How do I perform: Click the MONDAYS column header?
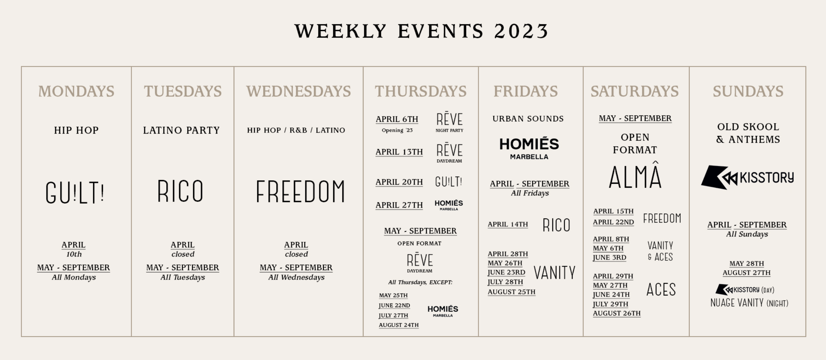76,92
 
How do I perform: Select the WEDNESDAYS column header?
299,92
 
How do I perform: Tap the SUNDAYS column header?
748,92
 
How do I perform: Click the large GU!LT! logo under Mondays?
75,192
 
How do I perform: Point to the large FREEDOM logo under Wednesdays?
300,191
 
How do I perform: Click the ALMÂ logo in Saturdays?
635,175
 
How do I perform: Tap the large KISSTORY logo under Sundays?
747,177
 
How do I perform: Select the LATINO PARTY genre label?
181,130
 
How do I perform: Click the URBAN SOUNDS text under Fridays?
528,119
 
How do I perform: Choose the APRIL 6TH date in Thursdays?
397,119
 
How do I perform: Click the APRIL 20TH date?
399,182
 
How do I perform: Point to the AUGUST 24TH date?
399,325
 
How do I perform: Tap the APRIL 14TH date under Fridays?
508,224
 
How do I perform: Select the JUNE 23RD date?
507,272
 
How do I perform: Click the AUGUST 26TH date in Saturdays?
617,313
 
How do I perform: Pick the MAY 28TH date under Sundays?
747,263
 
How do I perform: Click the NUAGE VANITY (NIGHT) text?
749,303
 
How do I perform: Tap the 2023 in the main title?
521,31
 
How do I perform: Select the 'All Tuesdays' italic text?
183,277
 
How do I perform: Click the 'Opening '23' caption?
397,130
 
